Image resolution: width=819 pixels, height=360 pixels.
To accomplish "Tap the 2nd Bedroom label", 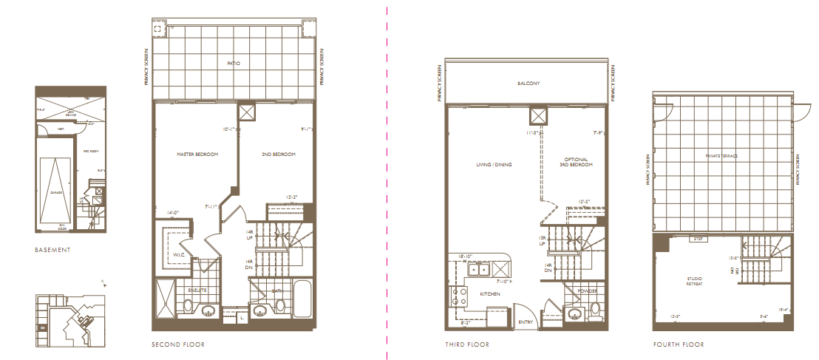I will pos(279,154).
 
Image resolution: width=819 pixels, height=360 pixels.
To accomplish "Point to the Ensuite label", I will pos(197,290).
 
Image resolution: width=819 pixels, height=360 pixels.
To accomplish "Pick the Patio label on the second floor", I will pos(234,64).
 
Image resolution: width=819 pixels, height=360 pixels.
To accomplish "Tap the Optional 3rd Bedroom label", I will pos(576,162).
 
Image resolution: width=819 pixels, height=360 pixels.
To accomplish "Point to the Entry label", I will pos(526,322).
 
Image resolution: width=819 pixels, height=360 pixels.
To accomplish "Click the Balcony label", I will pos(529,84).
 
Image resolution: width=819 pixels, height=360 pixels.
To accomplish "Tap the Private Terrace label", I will pos(723,156).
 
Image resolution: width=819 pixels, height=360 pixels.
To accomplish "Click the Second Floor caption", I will pos(178,344).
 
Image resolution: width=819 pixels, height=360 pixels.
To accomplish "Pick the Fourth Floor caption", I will pos(679,344).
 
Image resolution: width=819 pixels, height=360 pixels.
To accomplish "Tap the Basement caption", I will pos(53,250).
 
